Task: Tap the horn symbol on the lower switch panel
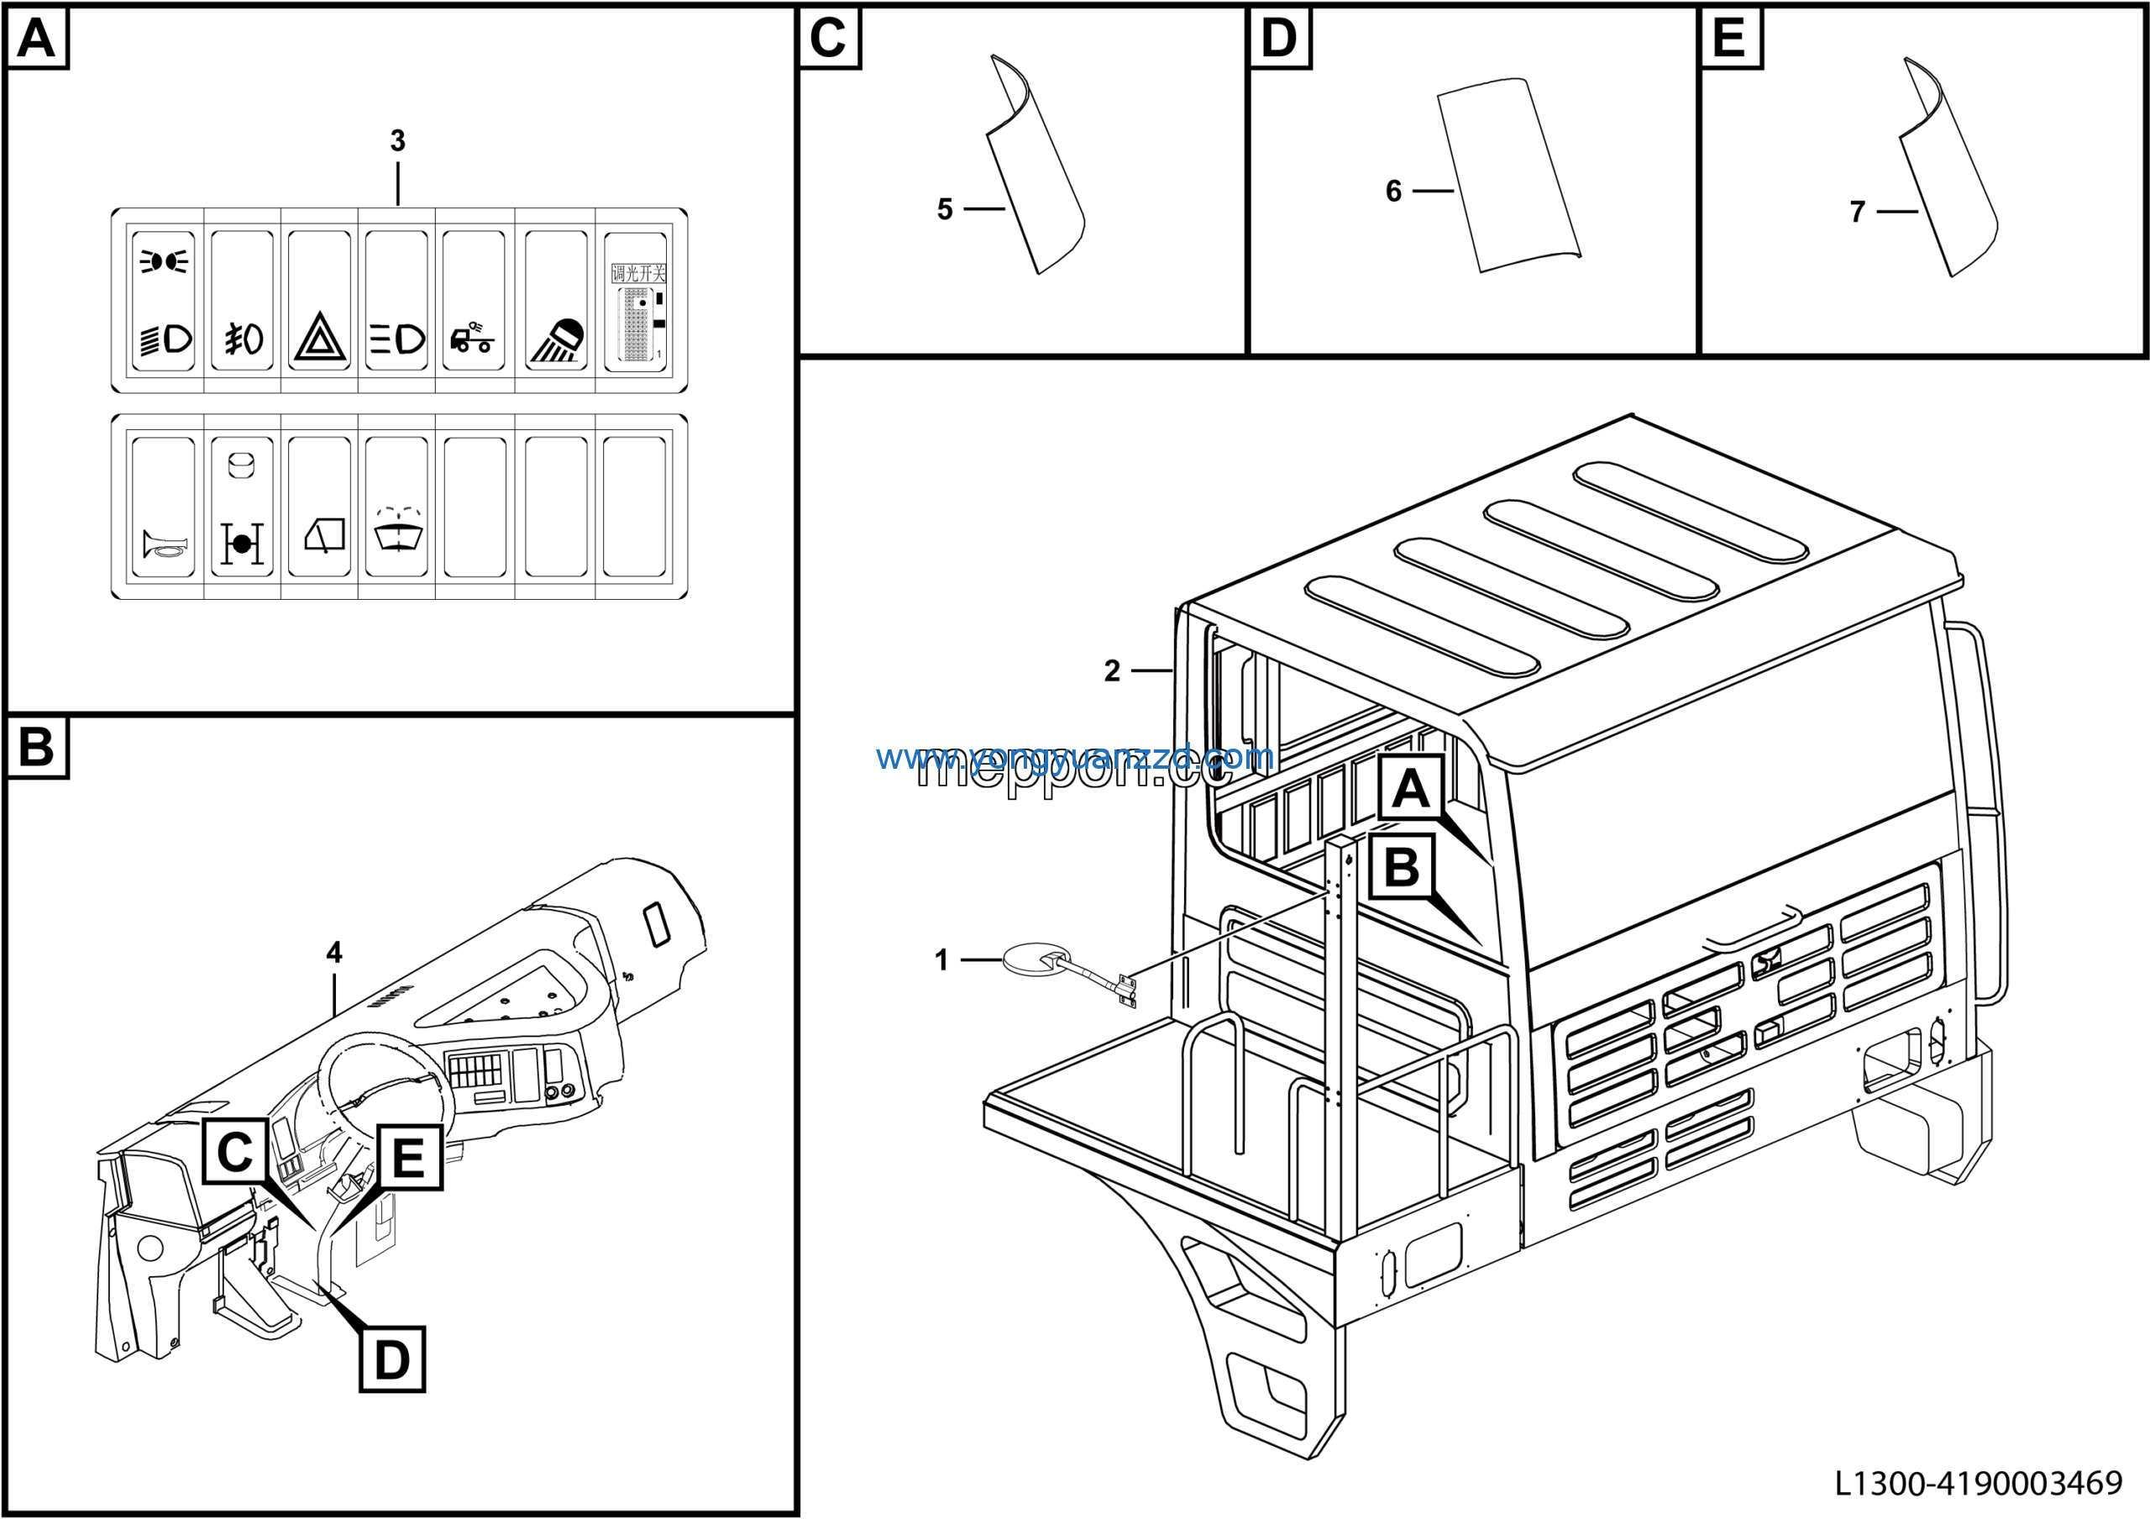(x=164, y=544)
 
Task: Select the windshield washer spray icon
(x=397, y=531)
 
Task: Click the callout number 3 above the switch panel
(x=397, y=141)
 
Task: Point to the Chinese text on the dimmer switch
(x=638, y=273)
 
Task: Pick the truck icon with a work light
(x=473, y=338)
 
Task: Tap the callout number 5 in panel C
(x=945, y=209)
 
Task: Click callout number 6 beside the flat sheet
(x=1393, y=191)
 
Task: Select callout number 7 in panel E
(x=1858, y=212)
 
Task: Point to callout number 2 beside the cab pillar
(x=1111, y=670)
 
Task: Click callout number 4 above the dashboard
(x=334, y=953)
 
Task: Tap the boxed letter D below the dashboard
(x=391, y=1359)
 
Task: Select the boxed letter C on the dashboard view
(x=235, y=1152)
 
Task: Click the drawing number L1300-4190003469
(x=1978, y=1483)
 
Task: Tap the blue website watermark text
(x=1074, y=757)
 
